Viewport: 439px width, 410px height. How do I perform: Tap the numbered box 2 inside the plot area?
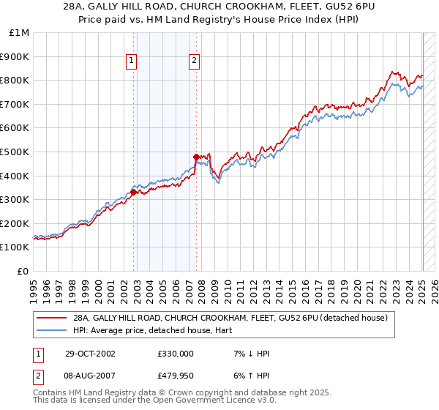[195, 61]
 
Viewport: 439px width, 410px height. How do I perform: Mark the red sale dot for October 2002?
[134, 193]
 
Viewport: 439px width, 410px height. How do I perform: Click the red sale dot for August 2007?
[196, 157]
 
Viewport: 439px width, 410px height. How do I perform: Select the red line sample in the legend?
[52, 318]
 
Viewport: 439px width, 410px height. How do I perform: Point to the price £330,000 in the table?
[176, 353]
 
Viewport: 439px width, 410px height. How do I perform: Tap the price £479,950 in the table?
[176, 376]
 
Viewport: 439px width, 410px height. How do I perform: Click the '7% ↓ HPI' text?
[249, 353]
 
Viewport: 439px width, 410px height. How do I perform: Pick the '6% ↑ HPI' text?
[249, 376]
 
